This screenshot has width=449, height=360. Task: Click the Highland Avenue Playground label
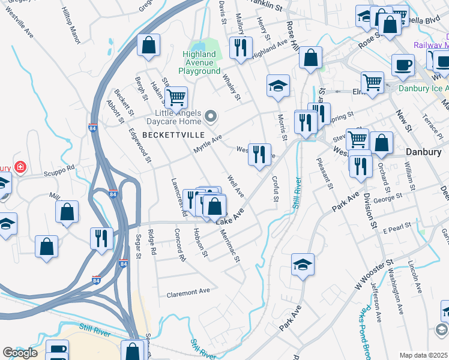(x=201, y=62)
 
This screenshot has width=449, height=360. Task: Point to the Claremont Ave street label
(x=188, y=292)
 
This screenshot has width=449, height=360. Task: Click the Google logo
(x=19, y=353)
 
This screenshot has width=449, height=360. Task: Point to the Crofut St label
(x=276, y=188)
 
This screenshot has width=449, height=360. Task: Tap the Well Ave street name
(x=235, y=186)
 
